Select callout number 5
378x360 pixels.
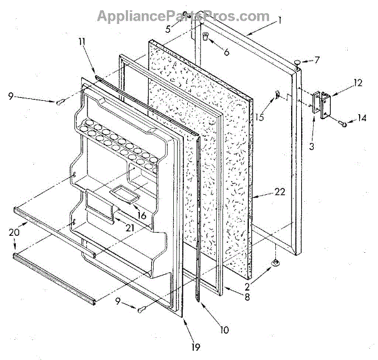coord(168,29)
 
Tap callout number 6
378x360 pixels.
coord(226,52)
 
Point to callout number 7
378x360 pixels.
coord(317,61)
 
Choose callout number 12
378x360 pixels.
coord(340,82)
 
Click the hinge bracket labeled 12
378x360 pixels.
coord(323,104)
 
